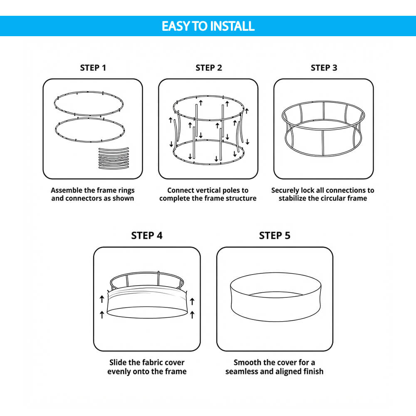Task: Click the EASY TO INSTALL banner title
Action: tap(208, 26)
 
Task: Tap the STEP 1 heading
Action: tap(93, 68)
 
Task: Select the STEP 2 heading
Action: tap(208, 68)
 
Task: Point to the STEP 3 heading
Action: tap(324, 68)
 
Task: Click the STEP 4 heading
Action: tap(147, 235)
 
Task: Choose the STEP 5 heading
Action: tap(275, 235)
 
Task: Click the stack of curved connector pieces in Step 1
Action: tap(114, 158)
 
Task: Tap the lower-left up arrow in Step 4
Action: tap(102, 315)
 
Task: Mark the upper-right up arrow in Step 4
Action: tap(192, 301)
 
